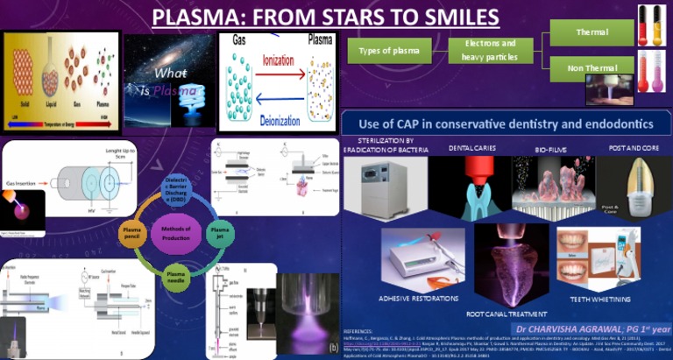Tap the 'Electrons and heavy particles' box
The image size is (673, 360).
(489, 50)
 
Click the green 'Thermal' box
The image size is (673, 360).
(592, 32)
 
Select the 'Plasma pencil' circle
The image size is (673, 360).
(133, 231)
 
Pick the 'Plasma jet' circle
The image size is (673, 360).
(218, 231)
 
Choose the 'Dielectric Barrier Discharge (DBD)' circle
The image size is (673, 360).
(176, 187)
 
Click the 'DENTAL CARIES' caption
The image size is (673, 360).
(472, 149)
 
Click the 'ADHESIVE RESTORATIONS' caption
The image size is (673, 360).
(419, 299)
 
